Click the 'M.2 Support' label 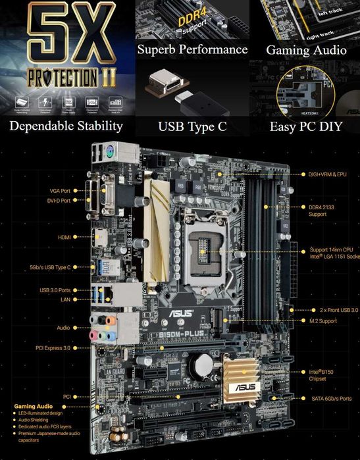point(322,321)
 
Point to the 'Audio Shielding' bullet point(34,421)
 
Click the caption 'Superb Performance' point(192,50)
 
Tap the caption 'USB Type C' point(192,126)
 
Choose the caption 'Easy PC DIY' point(306,126)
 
